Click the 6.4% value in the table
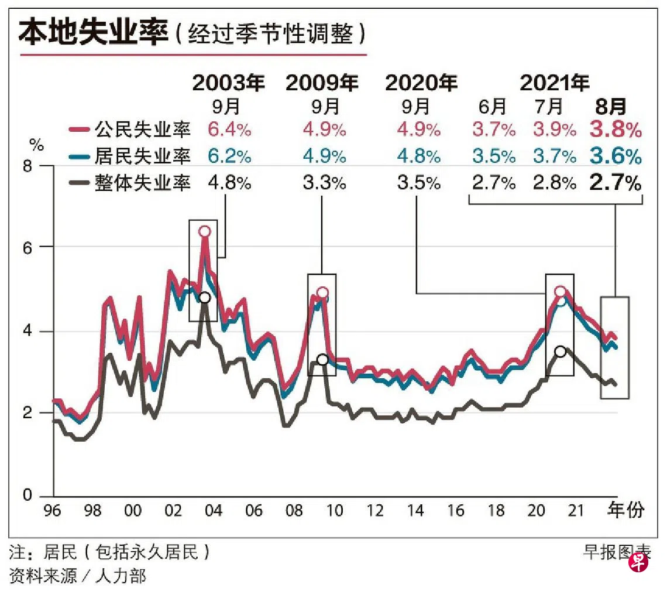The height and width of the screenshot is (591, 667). [x=229, y=129]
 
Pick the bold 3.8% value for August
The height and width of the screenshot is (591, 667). [x=614, y=129]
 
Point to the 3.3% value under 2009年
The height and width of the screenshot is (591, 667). [x=324, y=183]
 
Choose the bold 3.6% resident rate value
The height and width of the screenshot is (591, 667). [x=614, y=156]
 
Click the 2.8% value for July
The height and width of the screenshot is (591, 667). [x=554, y=183]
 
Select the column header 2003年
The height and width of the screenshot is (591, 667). [x=229, y=83]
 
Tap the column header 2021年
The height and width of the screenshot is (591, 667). [x=554, y=83]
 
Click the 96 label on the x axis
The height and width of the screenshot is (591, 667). [x=53, y=511]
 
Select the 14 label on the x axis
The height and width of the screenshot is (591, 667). [x=415, y=511]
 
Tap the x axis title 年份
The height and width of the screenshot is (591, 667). [x=627, y=510]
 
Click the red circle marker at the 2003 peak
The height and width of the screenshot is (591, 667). [x=204, y=231]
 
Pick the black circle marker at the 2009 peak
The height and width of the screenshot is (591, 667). [x=322, y=359]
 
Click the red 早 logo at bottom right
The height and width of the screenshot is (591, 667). [x=638, y=563]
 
